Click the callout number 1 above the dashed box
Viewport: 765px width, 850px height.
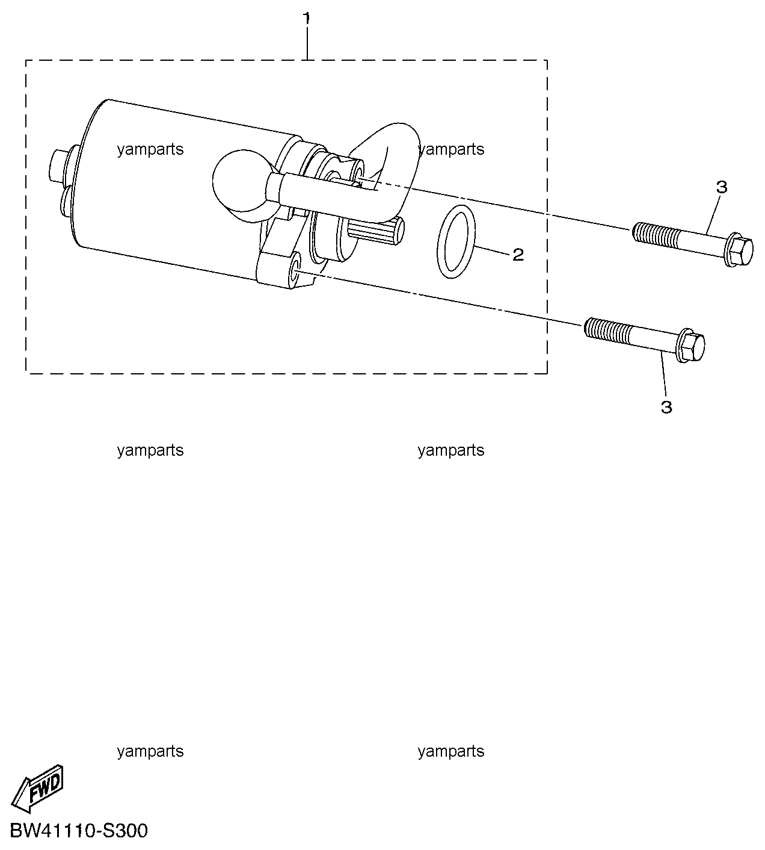coord(307,19)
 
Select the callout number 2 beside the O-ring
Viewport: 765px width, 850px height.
coord(518,255)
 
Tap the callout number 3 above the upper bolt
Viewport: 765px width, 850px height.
coord(721,187)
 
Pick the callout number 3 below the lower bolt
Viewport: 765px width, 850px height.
coord(666,407)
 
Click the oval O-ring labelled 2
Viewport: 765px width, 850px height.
coord(438,241)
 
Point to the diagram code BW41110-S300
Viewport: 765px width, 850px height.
coord(79,831)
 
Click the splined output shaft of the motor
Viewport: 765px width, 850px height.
coord(375,231)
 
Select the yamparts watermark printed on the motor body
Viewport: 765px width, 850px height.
coord(150,149)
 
